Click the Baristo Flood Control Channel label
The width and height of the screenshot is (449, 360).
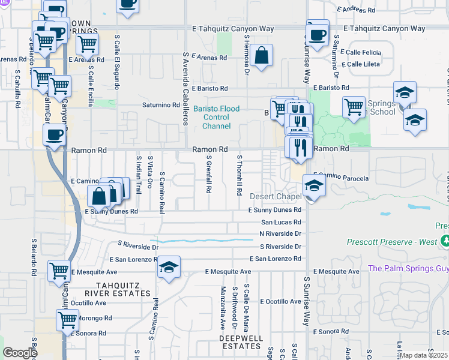coord(216,118)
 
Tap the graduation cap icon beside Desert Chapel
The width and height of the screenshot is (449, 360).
coord(314,186)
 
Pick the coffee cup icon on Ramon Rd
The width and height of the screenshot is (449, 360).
coord(55,135)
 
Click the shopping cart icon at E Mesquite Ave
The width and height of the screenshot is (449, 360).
coord(59,272)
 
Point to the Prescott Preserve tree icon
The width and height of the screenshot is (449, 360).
coord(445,242)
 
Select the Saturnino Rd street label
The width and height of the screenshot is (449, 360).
coord(161,105)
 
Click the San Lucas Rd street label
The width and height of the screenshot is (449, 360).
coord(280,222)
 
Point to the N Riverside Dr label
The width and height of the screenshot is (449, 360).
coord(280,233)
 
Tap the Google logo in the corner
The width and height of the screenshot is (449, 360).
coord(20,353)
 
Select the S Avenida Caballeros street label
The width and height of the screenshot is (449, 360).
coord(185,88)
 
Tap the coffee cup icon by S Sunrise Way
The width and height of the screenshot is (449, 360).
coord(318,34)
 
